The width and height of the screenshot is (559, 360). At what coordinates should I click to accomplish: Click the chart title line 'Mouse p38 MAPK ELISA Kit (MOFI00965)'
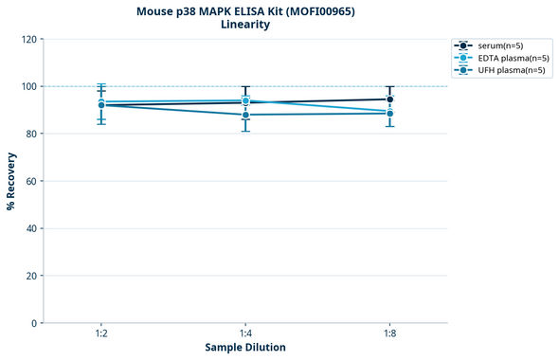click(245, 10)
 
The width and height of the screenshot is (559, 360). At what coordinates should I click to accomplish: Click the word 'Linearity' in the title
click(245, 25)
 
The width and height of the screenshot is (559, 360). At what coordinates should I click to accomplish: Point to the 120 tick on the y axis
click(28, 39)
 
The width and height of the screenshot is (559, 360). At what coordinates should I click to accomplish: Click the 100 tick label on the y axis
click(28, 86)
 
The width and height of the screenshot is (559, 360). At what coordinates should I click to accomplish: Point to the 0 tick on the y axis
click(34, 323)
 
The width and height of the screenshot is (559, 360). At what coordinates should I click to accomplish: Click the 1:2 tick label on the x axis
click(100, 334)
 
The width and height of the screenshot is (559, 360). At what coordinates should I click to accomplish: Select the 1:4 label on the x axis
click(245, 334)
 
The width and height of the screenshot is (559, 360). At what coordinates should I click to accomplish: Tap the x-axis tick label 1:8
click(390, 334)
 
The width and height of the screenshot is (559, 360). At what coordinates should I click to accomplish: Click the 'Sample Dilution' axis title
click(245, 348)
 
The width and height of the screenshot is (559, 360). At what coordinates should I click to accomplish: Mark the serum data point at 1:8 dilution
click(390, 99)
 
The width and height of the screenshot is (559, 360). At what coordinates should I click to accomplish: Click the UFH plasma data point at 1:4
click(245, 115)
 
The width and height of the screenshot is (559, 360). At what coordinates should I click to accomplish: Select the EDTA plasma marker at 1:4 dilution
click(245, 100)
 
